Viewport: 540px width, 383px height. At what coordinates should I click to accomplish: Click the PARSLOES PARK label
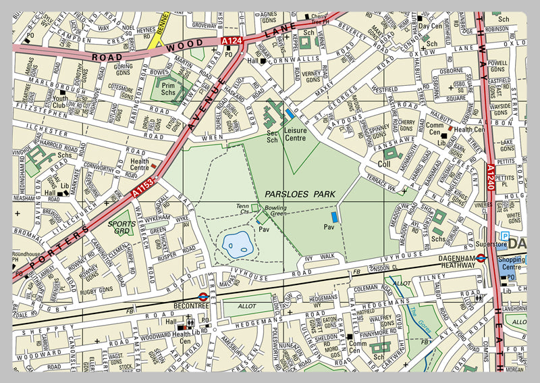point(300,195)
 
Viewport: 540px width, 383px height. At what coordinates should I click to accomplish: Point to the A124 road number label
point(232,42)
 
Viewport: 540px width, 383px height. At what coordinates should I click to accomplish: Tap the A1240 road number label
point(491,176)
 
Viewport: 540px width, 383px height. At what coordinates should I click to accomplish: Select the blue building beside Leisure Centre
point(290,115)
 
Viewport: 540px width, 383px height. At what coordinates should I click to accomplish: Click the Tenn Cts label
point(242,209)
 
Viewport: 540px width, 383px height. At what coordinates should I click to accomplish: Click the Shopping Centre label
point(515,263)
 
